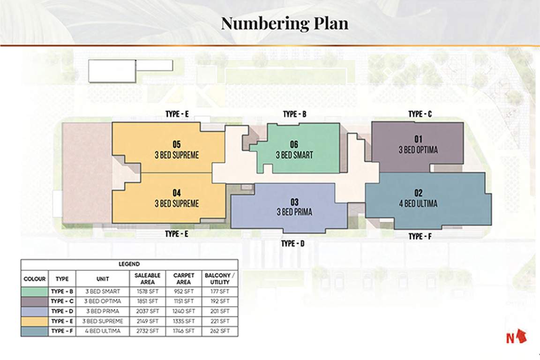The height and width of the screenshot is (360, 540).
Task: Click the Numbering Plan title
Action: tap(285, 23)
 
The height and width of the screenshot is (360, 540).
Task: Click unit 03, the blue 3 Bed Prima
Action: tap(294, 207)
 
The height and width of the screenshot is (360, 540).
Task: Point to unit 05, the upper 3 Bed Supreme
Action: tap(176, 149)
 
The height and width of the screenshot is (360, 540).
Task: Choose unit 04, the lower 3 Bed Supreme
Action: tap(176, 198)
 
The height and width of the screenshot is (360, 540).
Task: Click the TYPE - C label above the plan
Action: tap(420, 114)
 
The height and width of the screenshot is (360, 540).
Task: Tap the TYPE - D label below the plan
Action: tap(294, 244)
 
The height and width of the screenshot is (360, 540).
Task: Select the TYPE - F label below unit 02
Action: tap(420, 237)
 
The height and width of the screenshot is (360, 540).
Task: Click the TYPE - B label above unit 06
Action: tap(294, 114)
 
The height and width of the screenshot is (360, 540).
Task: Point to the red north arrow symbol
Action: tap(522, 337)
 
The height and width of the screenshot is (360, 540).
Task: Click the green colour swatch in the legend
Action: tap(34, 292)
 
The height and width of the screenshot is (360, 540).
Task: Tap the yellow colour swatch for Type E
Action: tap(34, 321)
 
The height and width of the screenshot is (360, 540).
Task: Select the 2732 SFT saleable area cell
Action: tap(147, 331)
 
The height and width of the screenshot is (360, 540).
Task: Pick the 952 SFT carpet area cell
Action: tap(184, 292)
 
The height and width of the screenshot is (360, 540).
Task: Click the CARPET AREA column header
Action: tap(184, 279)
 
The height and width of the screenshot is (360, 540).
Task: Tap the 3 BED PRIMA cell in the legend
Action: tap(102, 311)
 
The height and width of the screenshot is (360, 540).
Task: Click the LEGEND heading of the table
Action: tap(129, 264)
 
